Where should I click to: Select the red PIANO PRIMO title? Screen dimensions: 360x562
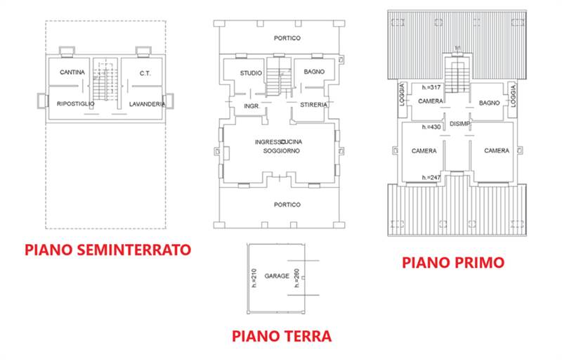pos(453,262)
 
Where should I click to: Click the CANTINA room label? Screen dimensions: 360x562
pos(72,72)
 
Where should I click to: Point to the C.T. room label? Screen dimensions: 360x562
pos(145,72)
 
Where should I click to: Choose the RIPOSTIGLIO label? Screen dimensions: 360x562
pos(75,104)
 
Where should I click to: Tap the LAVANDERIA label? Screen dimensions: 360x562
pos(148,104)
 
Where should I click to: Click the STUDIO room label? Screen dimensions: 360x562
pos(251,72)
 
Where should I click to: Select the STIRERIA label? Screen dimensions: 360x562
pos(313,104)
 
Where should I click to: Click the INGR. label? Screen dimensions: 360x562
pos(251,107)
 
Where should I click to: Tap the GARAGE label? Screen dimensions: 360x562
pos(277,276)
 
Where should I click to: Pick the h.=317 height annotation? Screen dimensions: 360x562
pos(431,88)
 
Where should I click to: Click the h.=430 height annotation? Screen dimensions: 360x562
pos(431,127)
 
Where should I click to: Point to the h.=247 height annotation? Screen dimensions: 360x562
pos(431,177)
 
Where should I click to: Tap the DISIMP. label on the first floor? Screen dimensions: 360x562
pos(460,124)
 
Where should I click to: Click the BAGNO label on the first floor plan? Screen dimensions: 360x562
pos(489,103)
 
